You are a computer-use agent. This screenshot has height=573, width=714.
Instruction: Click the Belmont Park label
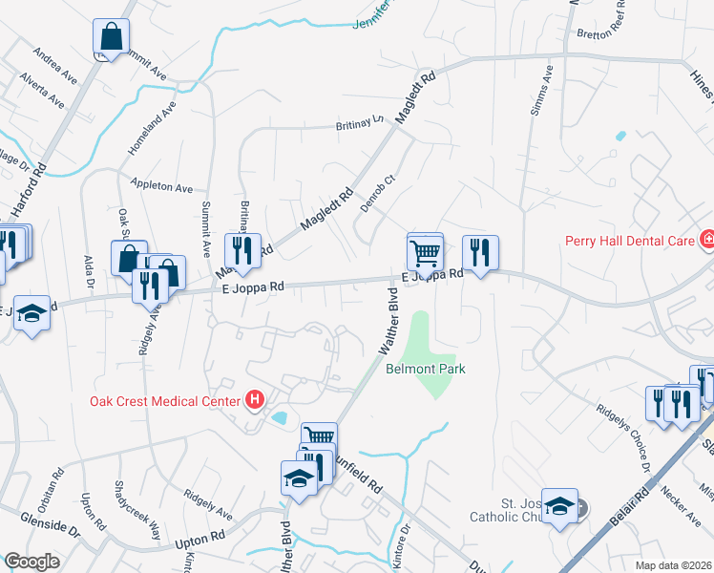coord(425,368)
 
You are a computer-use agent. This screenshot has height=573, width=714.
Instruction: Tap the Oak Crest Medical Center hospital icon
coord(254,400)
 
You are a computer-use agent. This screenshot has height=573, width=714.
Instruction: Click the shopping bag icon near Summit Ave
coord(112,38)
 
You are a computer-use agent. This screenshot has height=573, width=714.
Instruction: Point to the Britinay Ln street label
coord(358,123)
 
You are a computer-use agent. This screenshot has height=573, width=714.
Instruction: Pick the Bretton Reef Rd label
coord(612,33)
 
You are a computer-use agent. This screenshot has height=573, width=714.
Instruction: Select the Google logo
coord(31,562)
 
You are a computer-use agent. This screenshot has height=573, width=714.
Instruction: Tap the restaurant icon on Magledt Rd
coord(238,250)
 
